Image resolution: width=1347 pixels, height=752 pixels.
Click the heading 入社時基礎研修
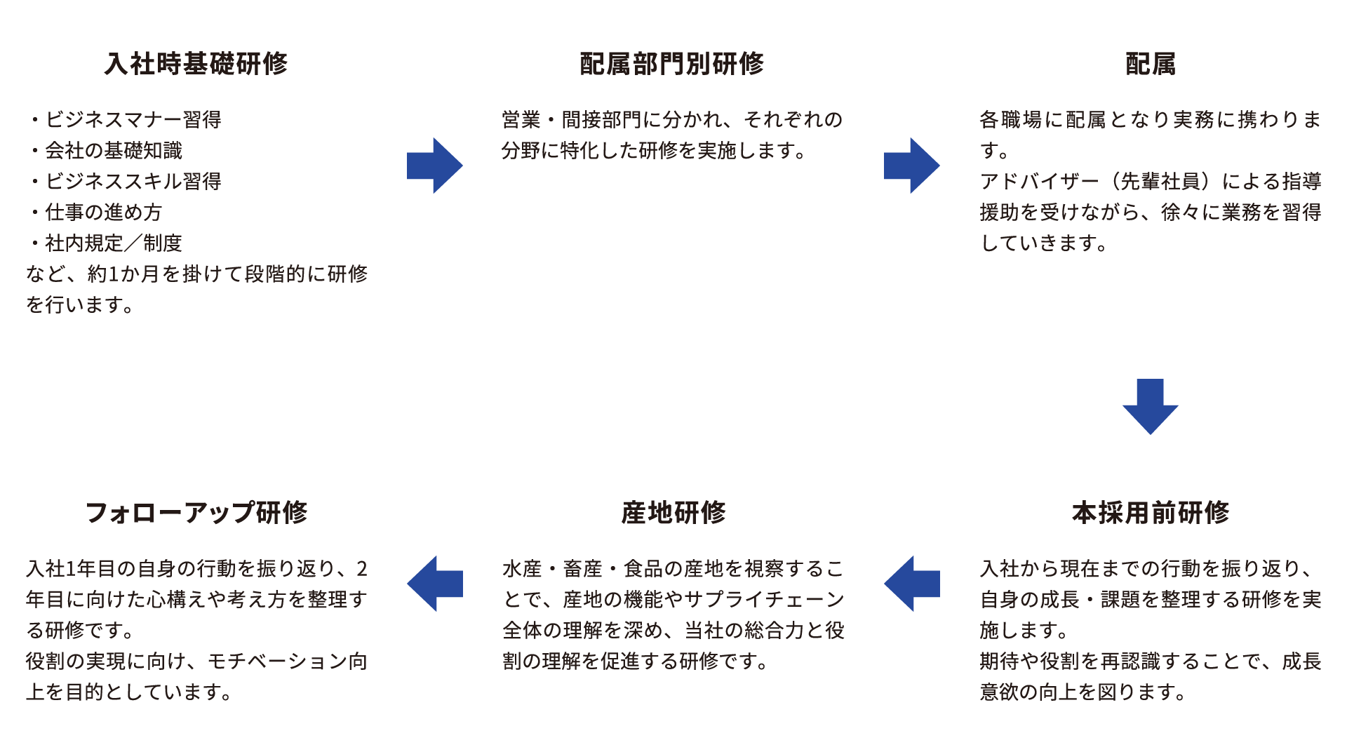[x=196, y=64]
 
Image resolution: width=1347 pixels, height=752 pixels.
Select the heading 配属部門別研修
[x=672, y=64]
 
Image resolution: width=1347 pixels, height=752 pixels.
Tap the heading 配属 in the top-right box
[x=1150, y=64]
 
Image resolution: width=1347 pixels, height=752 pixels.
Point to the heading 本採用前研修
[x=1150, y=513]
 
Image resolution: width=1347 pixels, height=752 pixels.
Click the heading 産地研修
[x=673, y=513]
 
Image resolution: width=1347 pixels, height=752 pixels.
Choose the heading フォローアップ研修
[x=196, y=513]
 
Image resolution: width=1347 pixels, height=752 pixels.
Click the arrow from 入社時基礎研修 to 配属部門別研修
[x=434, y=166]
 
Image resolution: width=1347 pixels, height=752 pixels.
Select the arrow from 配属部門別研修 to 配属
[x=911, y=166]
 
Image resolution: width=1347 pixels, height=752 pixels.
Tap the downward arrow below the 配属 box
[x=1150, y=406]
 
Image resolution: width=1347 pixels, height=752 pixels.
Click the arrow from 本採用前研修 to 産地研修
[x=911, y=584]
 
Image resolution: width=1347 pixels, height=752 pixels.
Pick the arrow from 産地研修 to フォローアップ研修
[x=434, y=584]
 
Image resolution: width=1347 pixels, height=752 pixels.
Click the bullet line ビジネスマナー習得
[x=133, y=120]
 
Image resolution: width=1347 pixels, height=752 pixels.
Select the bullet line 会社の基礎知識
[x=113, y=151]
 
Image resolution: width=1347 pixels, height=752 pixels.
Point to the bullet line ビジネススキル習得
[x=133, y=182]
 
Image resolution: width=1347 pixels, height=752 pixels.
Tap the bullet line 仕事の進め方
[x=103, y=213]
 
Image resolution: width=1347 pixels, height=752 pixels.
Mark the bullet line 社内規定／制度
[x=113, y=243]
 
